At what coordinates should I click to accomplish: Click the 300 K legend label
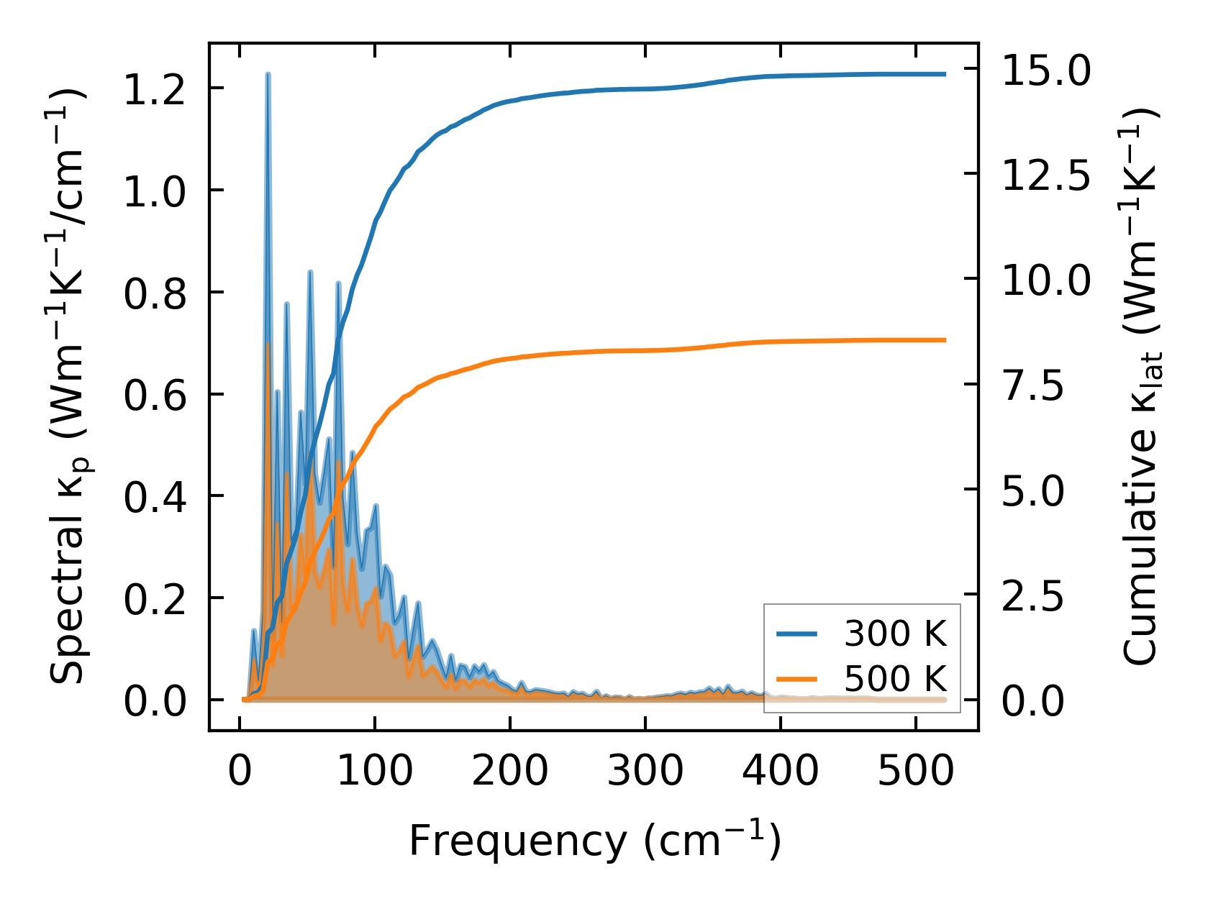click(895, 634)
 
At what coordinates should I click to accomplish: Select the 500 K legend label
click(895, 679)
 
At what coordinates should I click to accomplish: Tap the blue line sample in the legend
click(797, 634)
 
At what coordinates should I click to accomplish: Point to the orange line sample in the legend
click(797, 679)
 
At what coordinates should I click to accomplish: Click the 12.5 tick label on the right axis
click(1046, 175)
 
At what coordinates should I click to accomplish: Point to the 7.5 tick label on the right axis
click(1033, 385)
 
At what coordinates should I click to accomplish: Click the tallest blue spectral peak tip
click(268, 74)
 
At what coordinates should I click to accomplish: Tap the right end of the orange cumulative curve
click(945, 340)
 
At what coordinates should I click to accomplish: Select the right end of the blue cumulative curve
click(945, 74)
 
